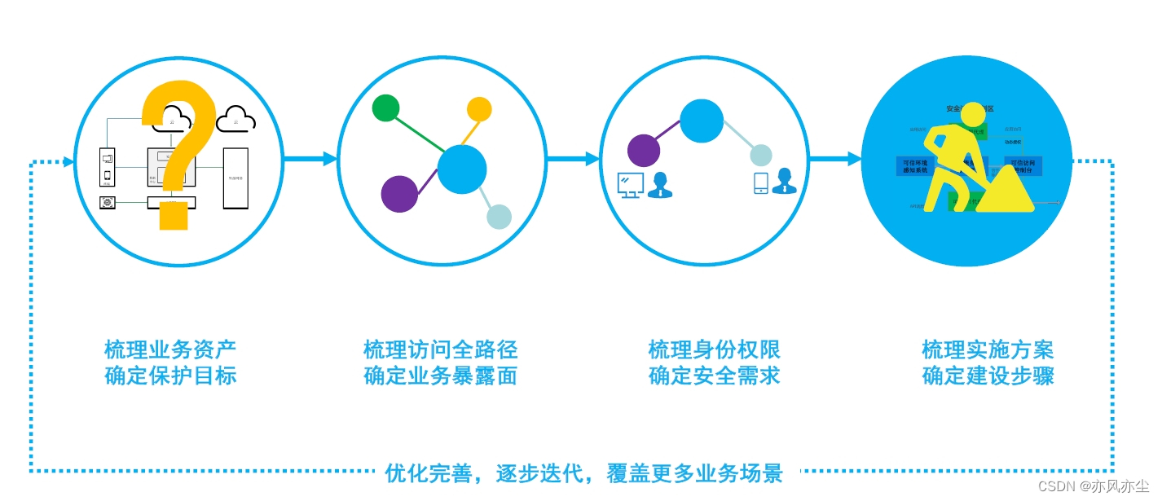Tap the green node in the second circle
coord(385,108)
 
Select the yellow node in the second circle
coord(479,109)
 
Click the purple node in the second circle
coord(399,194)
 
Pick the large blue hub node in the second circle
coord(462,169)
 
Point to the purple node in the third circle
coord(644,151)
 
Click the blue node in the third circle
coord(702,121)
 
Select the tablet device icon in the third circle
coord(760,182)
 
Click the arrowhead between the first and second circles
coord(330,159)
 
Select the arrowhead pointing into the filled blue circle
coord(855,159)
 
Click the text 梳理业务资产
coord(170,350)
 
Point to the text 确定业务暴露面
coord(440,376)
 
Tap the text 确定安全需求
coord(714,376)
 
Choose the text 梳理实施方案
coord(988,350)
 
